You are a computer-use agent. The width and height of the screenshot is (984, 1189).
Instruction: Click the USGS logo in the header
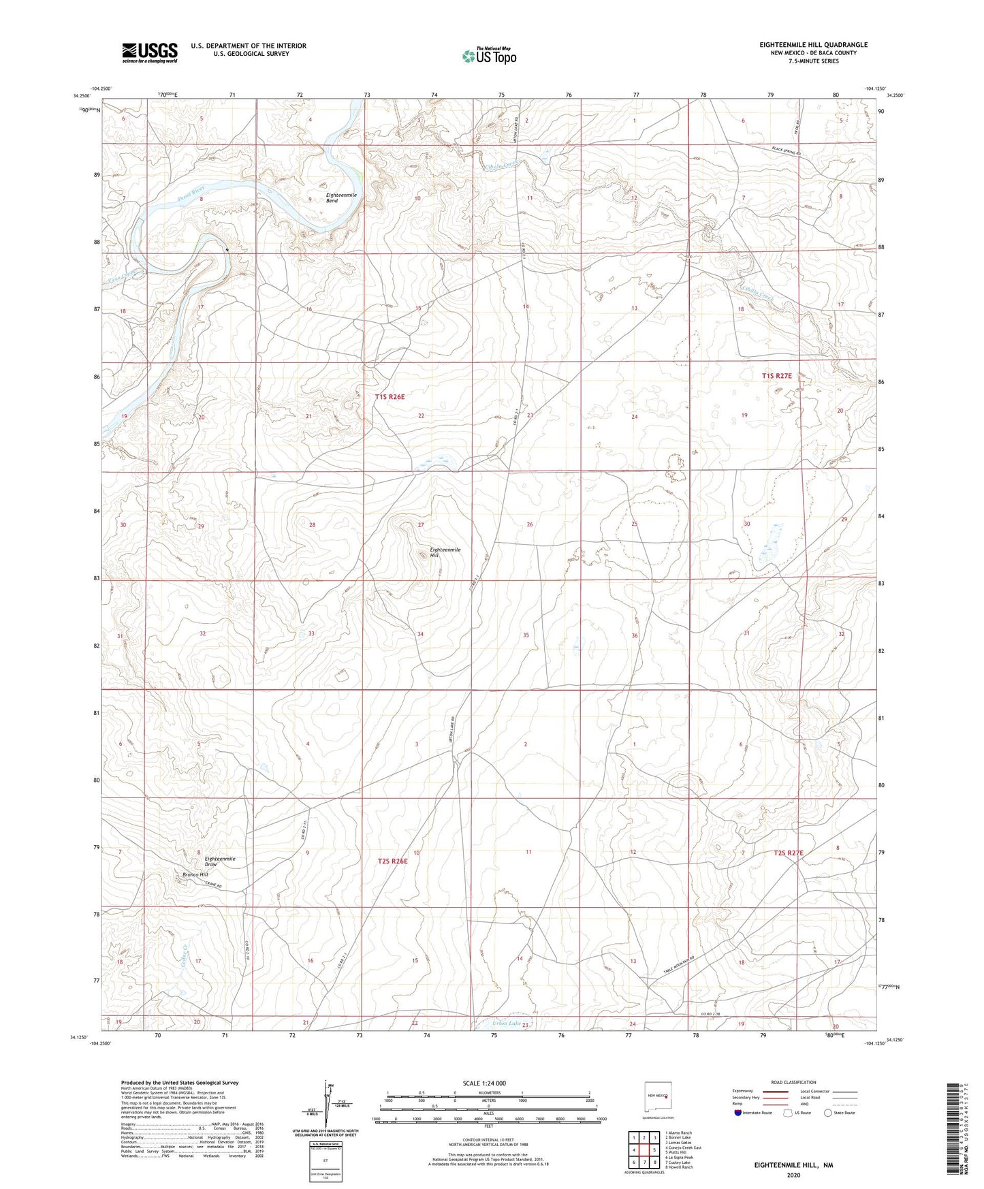pyautogui.click(x=149, y=52)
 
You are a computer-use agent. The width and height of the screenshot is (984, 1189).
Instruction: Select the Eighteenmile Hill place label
pyautogui.click(x=445, y=552)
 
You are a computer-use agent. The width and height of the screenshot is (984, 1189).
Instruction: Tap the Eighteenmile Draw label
pyautogui.click(x=220, y=862)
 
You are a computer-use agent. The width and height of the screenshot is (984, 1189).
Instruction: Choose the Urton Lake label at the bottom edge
pyautogui.click(x=506, y=1024)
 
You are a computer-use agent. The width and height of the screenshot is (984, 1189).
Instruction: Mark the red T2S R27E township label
pyautogui.click(x=789, y=853)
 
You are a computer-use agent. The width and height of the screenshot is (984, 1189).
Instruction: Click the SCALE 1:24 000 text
pyautogui.click(x=488, y=1083)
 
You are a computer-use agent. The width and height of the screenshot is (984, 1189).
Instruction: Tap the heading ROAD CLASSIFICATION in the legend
pyautogui.click(x=793, y=1082)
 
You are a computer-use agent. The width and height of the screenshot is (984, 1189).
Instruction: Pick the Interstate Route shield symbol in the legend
pyautogui.click(x=739, y=1113)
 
